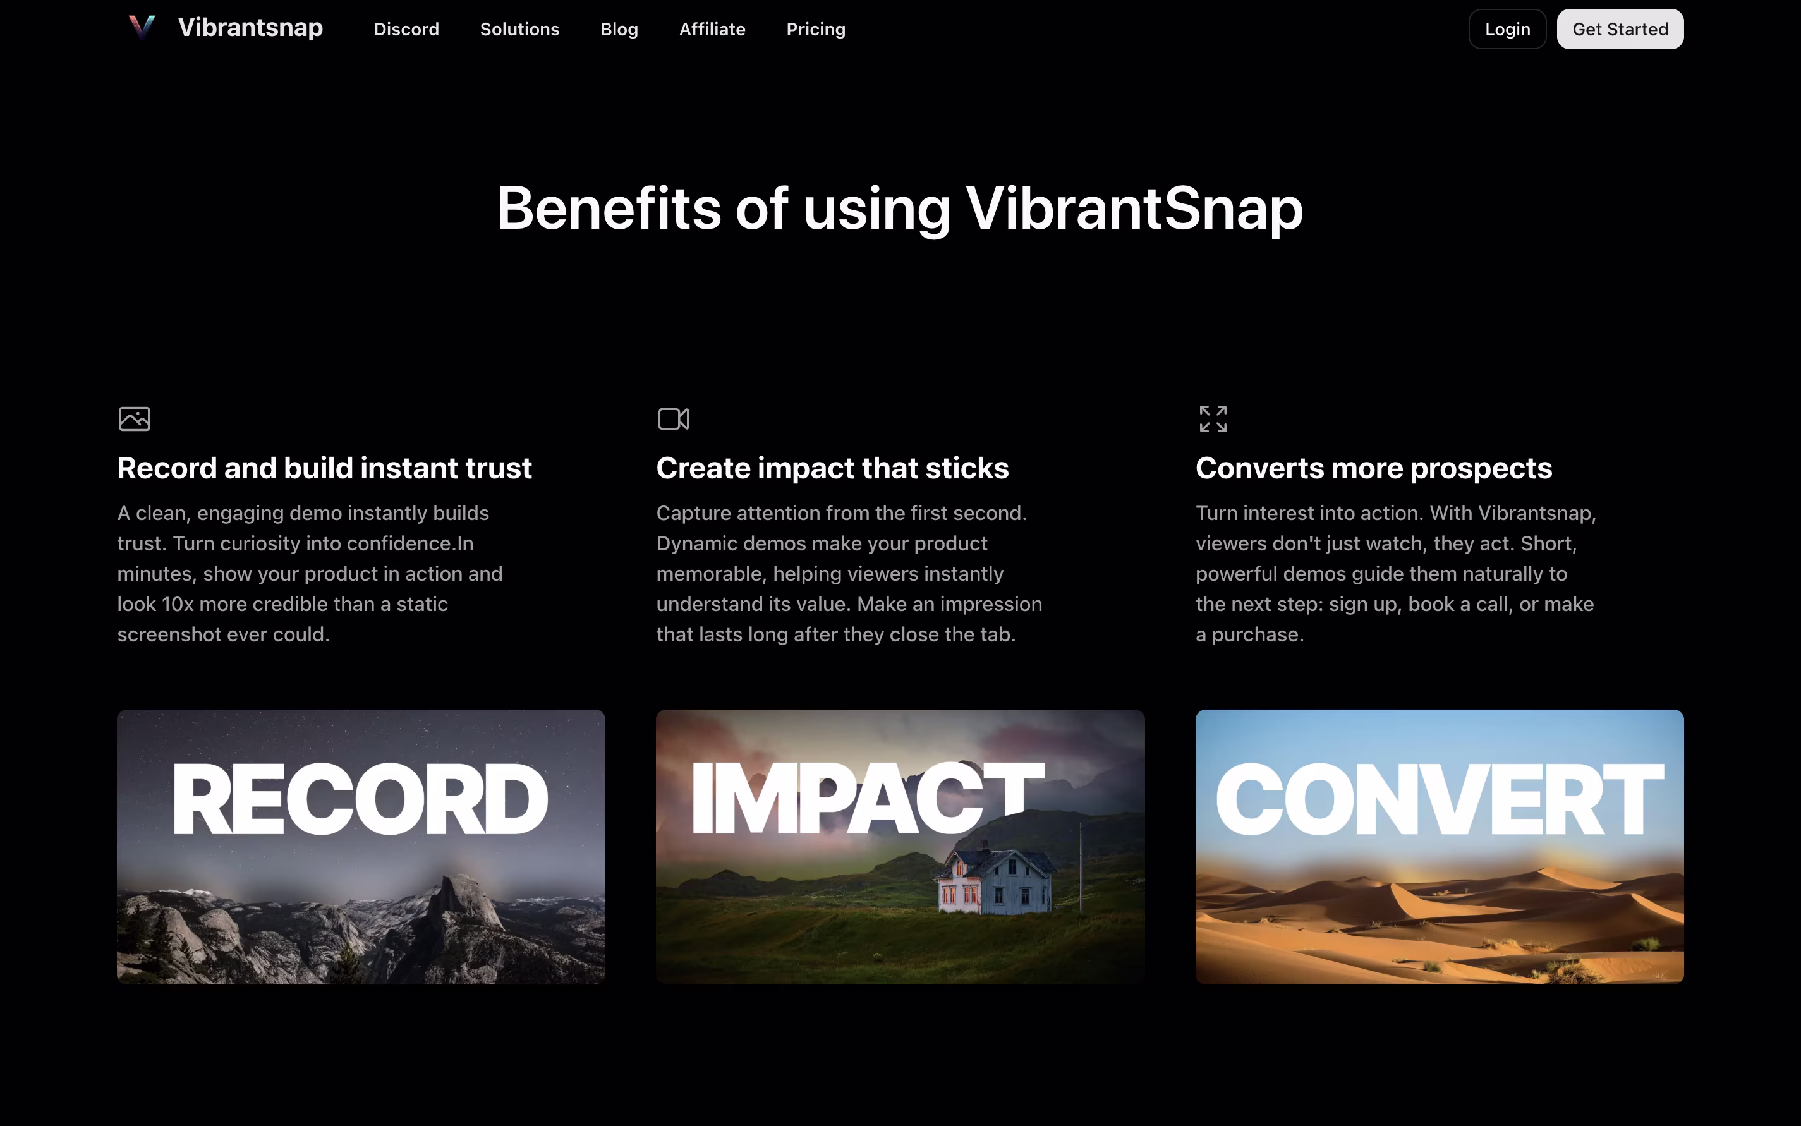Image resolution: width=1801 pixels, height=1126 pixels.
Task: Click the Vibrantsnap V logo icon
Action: click(x=142, y=28)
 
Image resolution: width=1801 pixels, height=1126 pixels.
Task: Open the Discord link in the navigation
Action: click(x=406, y=29)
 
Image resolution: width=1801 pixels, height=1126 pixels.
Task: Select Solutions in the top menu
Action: click(x=519, y=29)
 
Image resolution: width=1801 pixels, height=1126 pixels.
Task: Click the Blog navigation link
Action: click(x=619, y=29)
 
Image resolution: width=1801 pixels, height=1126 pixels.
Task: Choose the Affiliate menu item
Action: click(x=712, y=29)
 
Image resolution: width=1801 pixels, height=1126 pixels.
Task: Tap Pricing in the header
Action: click(x=816, y=29)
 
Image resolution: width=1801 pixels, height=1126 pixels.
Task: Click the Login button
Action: click(x=1507, y=29)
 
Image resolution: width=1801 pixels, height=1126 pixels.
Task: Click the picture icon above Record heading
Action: click(x=135, y=418)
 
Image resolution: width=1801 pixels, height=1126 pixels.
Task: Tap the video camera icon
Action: click(x=674, y=418)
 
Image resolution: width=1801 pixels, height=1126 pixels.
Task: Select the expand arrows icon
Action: click(x=1213, y=418)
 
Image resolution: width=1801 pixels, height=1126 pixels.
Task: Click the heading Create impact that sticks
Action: click(x=832, y=468)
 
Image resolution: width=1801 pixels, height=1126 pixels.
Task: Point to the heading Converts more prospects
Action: click(x=1373, y=468)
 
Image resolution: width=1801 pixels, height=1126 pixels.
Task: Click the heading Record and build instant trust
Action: click(x=324, y=468)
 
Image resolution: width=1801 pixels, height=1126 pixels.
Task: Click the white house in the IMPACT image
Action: click(x=995, y=883)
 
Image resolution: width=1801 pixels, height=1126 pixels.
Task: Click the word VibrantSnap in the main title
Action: click(x=1134, y=209)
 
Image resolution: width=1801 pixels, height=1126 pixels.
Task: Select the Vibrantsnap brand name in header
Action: click(x=250, y=28)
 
